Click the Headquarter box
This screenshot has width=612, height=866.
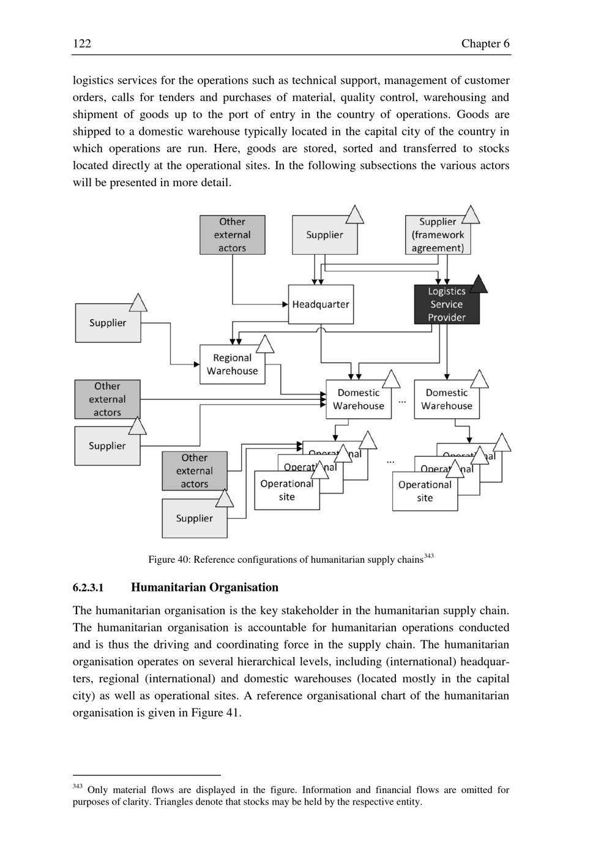pyautogui.click(x=321, y=304)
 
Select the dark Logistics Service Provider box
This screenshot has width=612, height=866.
pyautogui.click(x=446, y=304)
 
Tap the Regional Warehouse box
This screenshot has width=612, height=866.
pyautogui.click(x=232, y=364)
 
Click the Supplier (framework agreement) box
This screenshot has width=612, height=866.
pyautogui.click(x=438, y=235)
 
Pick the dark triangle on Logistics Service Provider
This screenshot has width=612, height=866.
pyautogui.click(x=479, y=284)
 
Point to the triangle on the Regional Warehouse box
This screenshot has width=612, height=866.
pyautogui.click(x=264, y=345)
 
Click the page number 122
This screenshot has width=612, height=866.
pyautogui.click(x=82, y=43)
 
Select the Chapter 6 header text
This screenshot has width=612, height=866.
pyautogui.click(x=485, y=43)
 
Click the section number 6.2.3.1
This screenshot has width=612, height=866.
pyautogui.click(x=88, y=588)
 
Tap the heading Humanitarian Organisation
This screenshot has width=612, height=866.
pyautogui.click(x=204, y=587)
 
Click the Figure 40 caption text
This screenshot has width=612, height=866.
pyautogui.click(x=286, y=559)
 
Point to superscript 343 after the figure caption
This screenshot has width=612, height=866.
pyautogui.click(x=428, y=556)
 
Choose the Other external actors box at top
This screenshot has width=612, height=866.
pyautogui.click(x=232, y=235)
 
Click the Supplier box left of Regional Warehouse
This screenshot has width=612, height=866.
pyautogui.click(x=108, y=323)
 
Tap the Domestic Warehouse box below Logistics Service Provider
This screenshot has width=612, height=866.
pyautogui.click(x=446, y=399)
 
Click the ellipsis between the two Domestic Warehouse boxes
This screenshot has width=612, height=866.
pyautogui.click(x=402, y=401)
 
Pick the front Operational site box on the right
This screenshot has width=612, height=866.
pyautogui.click(x=425, y=491)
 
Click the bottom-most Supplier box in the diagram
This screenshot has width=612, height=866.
pyautogui.click(x=194, y=518)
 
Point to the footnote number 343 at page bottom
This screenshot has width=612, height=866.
pyautogui.click(x=77, y=786)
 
